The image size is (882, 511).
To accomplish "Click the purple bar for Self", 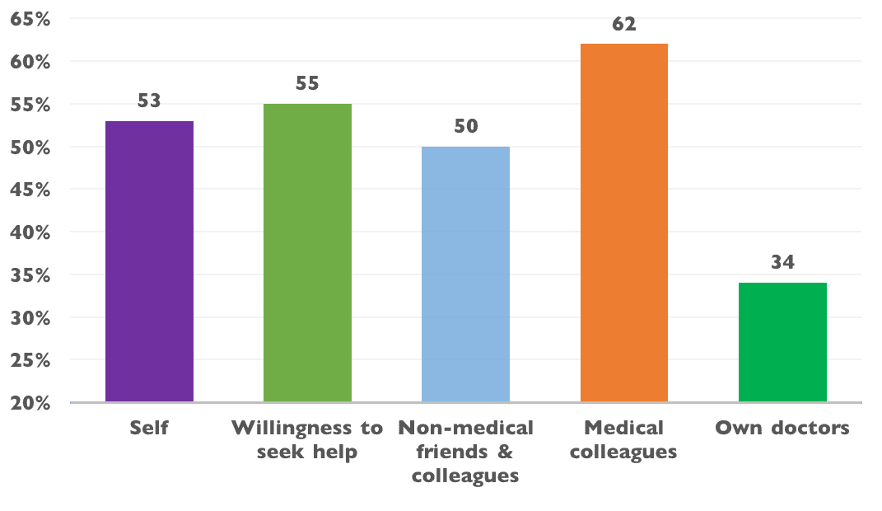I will click(149, 261).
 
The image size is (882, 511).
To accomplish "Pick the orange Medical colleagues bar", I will click(623, 223).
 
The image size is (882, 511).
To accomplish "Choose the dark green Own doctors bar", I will click(782, 342).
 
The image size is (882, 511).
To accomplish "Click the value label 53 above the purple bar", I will click(149, 102).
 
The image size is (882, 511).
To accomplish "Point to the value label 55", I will click(307, 84).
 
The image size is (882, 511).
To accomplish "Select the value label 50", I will click(465, 127).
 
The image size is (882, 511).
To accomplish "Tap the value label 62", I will click(623, 25).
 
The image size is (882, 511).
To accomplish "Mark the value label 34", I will click(782, 263).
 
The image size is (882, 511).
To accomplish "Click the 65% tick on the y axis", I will click(30, 19).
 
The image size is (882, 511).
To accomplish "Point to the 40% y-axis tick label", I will click(30, 232).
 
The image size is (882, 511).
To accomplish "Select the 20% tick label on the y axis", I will click(30, 403).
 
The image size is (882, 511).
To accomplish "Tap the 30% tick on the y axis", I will click(30, 318).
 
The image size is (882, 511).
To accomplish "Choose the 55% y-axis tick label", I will click(30, 105).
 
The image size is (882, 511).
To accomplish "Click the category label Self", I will click(149, 429).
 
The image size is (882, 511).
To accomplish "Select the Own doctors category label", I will click(782, 429).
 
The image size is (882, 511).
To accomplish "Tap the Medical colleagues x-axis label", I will click(623, 440).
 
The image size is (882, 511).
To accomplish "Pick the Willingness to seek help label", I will click(307, 440).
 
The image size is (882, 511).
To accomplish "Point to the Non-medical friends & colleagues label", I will click(465, 452).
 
